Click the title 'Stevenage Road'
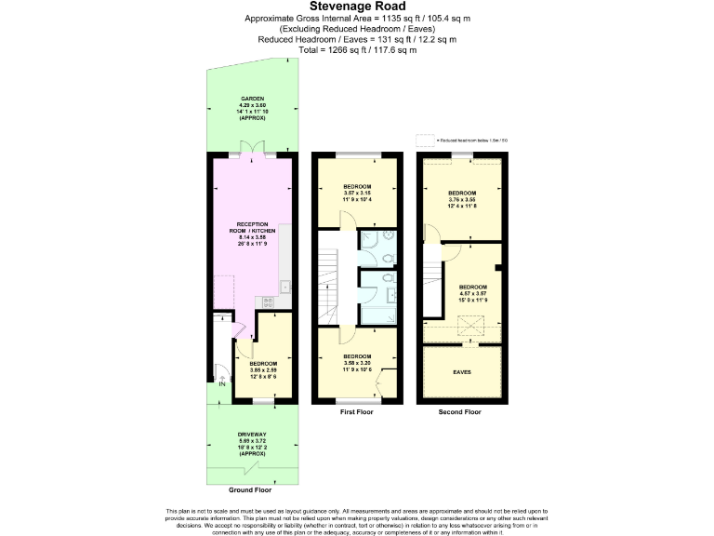tap(356, 7)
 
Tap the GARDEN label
tap(253, 98)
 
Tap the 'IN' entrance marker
tap(222, 383)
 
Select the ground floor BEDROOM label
tap(262, 363)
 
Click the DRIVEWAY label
tap(251, 435)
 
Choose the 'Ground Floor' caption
tap(251, 489)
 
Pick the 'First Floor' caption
tap(358, 410)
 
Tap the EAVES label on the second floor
tap(462, 372)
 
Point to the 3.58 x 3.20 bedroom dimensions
tap(357, 363)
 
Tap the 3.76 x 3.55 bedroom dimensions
tap(462, 198)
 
